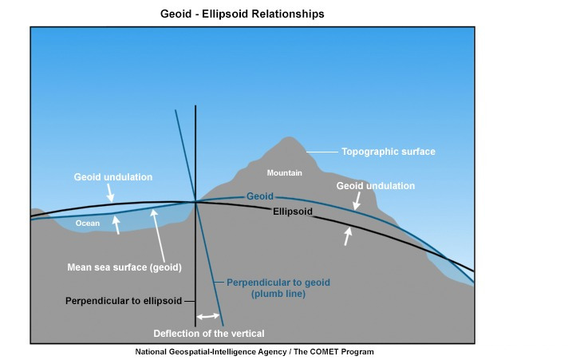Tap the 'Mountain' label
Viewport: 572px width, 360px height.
coord(284,173)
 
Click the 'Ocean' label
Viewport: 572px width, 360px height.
coord(88,224)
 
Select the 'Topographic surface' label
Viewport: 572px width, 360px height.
coord(389,152)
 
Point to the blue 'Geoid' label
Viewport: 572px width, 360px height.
coord(260,196)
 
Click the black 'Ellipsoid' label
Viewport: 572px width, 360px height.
coord(292,212)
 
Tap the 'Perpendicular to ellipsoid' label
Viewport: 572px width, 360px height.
coord(124,300)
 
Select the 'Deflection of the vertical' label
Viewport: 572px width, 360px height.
coord(209,333)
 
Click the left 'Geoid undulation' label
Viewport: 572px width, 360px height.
coord(112,177)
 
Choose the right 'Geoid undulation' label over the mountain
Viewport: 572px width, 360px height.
coord(376,186)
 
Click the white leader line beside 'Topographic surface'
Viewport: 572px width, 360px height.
coord(322,152)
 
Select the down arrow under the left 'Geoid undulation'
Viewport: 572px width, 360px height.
coord(110,194)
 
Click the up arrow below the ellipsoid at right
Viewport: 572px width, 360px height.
coord(347,235)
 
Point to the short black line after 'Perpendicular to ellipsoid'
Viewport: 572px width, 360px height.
coord(189,300)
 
